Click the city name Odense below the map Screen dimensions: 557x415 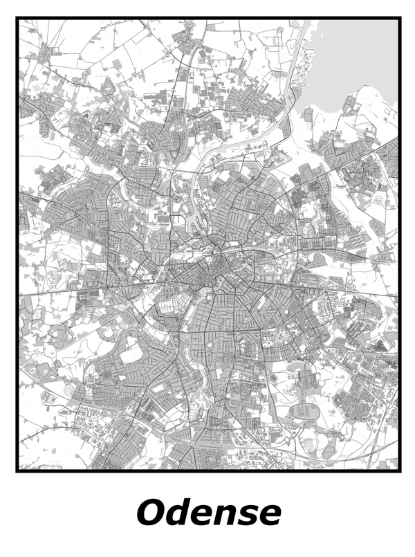click(x=208, y=513)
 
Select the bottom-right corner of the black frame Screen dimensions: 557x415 click(x=399, y=471)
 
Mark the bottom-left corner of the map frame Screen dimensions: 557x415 click(x=17, y=471)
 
